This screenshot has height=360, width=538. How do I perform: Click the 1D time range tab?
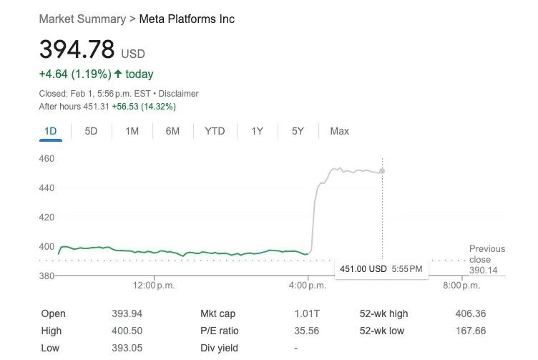pos(50,131)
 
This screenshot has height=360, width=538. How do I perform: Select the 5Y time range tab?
pos(298,131)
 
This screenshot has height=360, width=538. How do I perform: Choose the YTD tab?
pos(215,131)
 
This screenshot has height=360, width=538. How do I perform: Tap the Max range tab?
pos(339,131)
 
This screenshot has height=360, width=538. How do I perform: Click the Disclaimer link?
pos(178,94)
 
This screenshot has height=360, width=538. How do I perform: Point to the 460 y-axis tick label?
pos(47,159)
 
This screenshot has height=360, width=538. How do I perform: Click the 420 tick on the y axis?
pos(47,218)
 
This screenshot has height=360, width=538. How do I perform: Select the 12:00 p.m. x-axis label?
pos(154,286)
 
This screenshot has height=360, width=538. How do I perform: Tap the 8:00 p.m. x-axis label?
pos(461,286)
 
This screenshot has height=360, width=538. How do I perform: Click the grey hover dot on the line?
pos(382,171)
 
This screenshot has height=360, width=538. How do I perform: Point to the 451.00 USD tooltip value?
pos(363,268)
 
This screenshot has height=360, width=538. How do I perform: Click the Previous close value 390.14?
pos(483,271)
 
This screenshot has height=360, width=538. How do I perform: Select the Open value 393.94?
pos(127,313)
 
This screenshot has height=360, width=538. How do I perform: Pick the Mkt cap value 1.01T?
pos(307,313)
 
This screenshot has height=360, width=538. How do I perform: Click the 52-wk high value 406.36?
pos(471,313)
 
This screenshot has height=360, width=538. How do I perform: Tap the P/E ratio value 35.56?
pos(307,331)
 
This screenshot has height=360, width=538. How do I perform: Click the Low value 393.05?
pos(127,348)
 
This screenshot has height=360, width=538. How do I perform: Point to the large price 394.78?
pos(77,49)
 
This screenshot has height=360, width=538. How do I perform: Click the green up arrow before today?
pos(118,74)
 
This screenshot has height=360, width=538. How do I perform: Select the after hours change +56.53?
pos(125,107)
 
